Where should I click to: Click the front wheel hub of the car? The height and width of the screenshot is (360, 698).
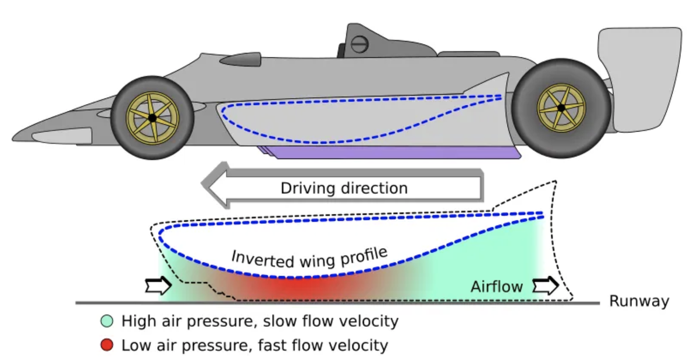point(152,117)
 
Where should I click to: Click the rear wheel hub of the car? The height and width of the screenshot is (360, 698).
point(561,108)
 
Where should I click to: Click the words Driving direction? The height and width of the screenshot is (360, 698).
point(344,188)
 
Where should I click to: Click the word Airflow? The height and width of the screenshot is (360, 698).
point(497,286)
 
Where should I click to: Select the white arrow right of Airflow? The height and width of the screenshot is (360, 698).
point(545,286)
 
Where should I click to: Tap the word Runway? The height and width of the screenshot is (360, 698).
point(639,301)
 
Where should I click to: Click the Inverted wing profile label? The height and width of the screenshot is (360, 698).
point(309,256)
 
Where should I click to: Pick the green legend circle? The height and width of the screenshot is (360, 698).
point(106,321)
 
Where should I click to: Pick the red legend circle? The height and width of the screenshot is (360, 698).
point(106,345)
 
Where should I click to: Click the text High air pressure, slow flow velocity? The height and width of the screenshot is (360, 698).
point(259,321)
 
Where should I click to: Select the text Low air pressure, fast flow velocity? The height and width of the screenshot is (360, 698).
point(254,345)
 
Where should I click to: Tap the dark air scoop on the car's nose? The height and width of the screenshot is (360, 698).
point(240,59)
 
